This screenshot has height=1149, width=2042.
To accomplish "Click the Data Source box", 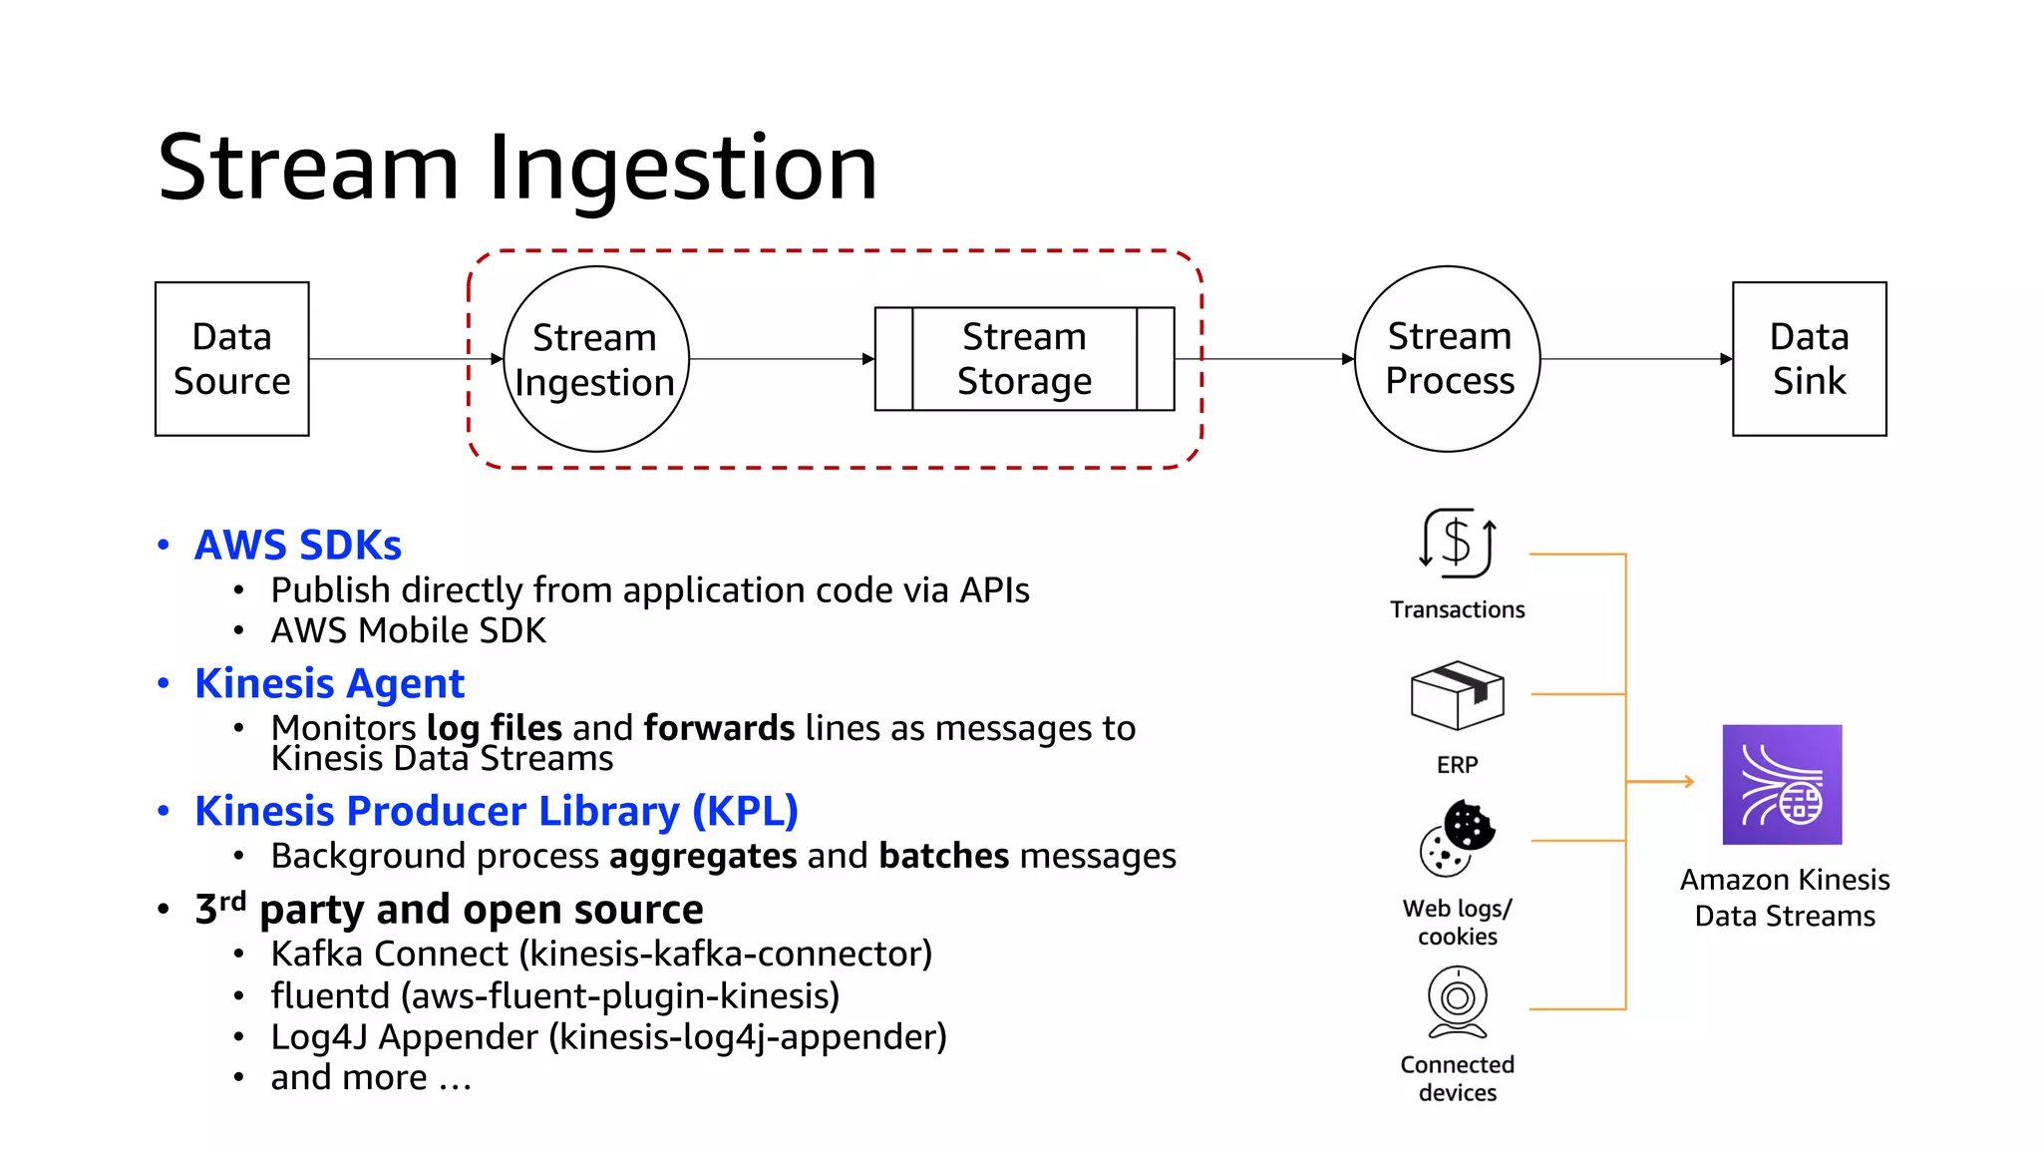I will point(231,359).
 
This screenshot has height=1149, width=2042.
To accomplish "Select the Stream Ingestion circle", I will point(595,359).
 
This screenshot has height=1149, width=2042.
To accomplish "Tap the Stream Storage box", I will point(1024,359).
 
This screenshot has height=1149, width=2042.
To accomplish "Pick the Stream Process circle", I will point(1448,359).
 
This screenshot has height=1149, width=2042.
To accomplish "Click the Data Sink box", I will point(1809,359).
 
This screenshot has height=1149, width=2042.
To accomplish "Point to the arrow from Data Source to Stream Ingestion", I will point(404,359).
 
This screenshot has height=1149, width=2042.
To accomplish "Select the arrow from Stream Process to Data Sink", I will point(1635,359).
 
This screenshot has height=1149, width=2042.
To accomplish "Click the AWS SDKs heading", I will point(297,546).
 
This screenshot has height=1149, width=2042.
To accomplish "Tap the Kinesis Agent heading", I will point(329,684).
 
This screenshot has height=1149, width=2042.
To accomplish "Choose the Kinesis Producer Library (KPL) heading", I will point(496,811).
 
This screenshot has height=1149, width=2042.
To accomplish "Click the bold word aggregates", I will point(703,856).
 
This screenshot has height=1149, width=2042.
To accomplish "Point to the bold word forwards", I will point(719,728).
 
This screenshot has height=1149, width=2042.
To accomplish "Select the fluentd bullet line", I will point(554,995).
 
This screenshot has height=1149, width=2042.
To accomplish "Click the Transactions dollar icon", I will point(1457,544).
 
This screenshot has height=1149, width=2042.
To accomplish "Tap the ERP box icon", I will point(1457,694).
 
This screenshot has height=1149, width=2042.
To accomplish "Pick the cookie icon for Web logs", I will point(1457,838).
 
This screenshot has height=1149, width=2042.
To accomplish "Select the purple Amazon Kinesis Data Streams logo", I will point(1782,785).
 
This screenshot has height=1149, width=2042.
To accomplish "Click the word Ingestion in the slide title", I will point(683,168).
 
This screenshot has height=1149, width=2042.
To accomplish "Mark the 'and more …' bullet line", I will point(371,1078).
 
